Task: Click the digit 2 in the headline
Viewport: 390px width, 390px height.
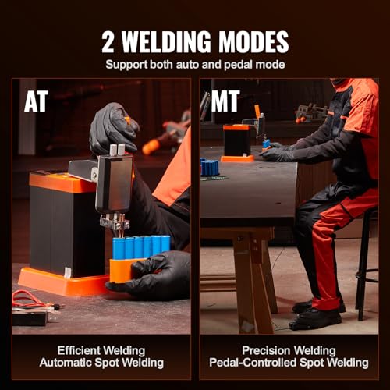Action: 108,42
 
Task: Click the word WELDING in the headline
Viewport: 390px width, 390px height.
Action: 166,42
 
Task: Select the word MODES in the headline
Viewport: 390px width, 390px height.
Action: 253,42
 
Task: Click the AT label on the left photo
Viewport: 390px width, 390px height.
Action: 36,102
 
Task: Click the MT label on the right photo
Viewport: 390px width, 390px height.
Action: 225,102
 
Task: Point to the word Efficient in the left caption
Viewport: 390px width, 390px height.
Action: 79,350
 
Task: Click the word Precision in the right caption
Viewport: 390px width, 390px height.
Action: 264,350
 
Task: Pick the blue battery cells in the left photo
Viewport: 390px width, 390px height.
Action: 141,247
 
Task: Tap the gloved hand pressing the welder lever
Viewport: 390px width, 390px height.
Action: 114,129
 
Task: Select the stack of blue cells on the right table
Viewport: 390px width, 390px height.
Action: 210,167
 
